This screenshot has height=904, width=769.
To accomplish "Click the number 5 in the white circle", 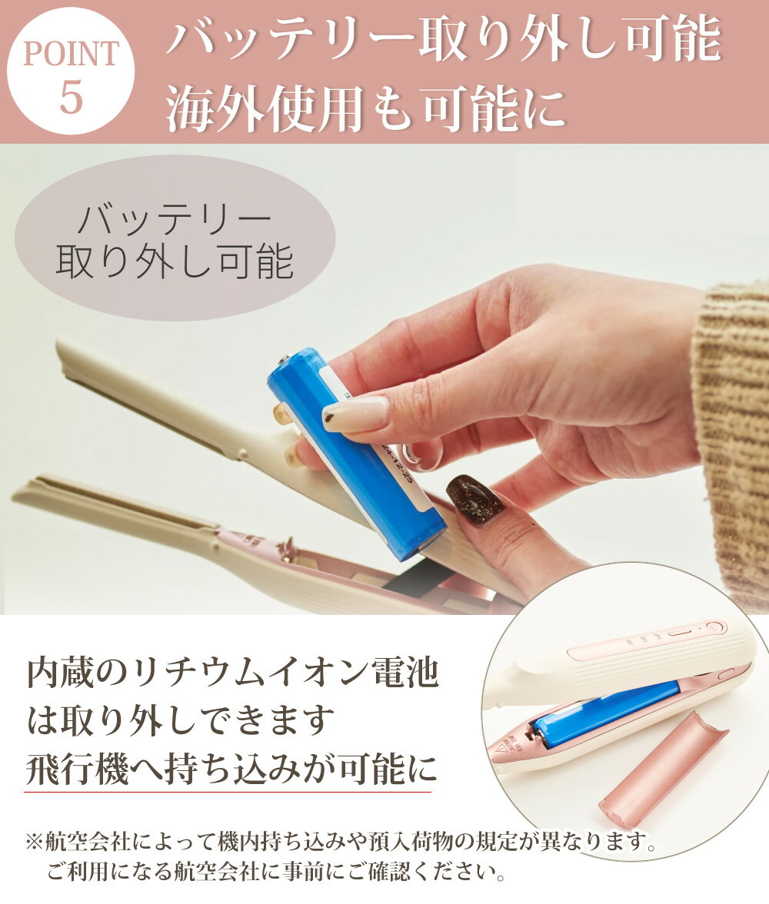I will click(x=71, y=97).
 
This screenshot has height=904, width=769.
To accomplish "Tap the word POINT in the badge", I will click(x=71, y=54).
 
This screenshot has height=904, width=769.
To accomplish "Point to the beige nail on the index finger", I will click(x=355, y=414).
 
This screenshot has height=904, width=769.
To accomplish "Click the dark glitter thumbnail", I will click(x=474, y=500).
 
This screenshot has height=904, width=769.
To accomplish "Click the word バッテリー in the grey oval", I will click(x=175, y=221).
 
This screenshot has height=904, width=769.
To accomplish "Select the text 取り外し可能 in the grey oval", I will click(x=175, y=262).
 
